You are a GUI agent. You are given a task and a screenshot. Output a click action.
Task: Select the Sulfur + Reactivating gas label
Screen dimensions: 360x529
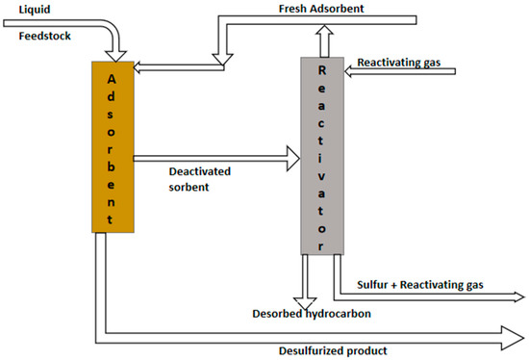419,284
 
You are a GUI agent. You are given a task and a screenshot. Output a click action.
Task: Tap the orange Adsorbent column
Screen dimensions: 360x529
113,144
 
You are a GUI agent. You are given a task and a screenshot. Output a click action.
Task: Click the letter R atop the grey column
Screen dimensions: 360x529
321,71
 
